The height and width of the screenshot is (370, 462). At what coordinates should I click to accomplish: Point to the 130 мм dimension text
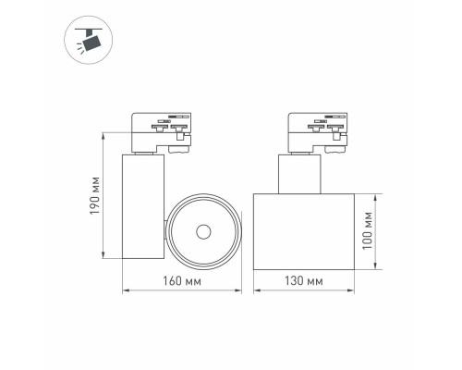[302, 280]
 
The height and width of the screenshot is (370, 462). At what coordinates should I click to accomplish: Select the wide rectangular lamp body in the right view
[302, 231]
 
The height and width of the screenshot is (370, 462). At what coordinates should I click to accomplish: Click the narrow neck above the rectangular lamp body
[299, 173]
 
